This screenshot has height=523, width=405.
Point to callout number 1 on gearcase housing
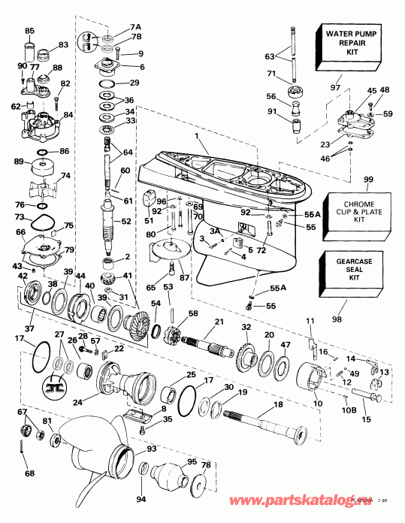(x=198, y=136)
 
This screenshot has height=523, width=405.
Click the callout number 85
(x=29, y=31)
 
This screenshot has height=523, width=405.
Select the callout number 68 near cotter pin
(x=29, y=473)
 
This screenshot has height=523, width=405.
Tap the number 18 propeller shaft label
(x=280, y=404)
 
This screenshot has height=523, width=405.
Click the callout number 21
(x=220, y=322)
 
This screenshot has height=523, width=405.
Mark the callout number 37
(x=30, y=328)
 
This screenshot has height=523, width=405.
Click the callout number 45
(x=349, y=91)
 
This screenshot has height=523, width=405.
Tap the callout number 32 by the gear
(x=246, y=327)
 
